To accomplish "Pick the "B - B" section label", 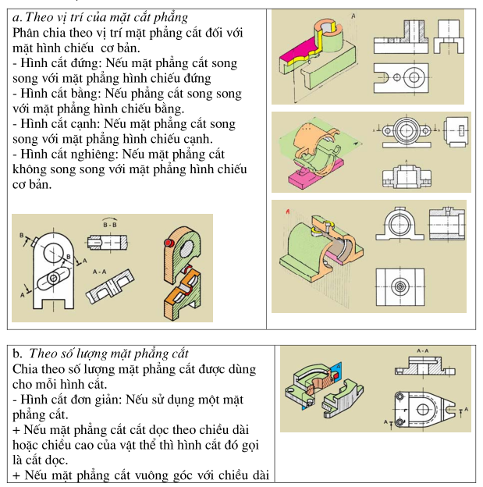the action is pyautogui.click(x=110, y=225).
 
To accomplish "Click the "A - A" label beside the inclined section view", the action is pyautogui.click(x=99, y=272).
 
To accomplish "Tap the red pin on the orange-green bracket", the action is pyautogui.click(x=169, y=243).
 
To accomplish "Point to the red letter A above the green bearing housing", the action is pyautogui.click(x=288, y=212).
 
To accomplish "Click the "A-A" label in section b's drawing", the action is pyautogui.click(x=422, y=351).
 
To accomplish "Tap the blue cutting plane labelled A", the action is pyautogui.click(x=337, y=371).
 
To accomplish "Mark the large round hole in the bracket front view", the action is pyautogui.click(x=54, y=253).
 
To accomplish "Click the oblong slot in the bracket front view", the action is pyautogui.click(x=53, y=279).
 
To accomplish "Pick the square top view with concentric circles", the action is pyautogui.click(x=400, y=287).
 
